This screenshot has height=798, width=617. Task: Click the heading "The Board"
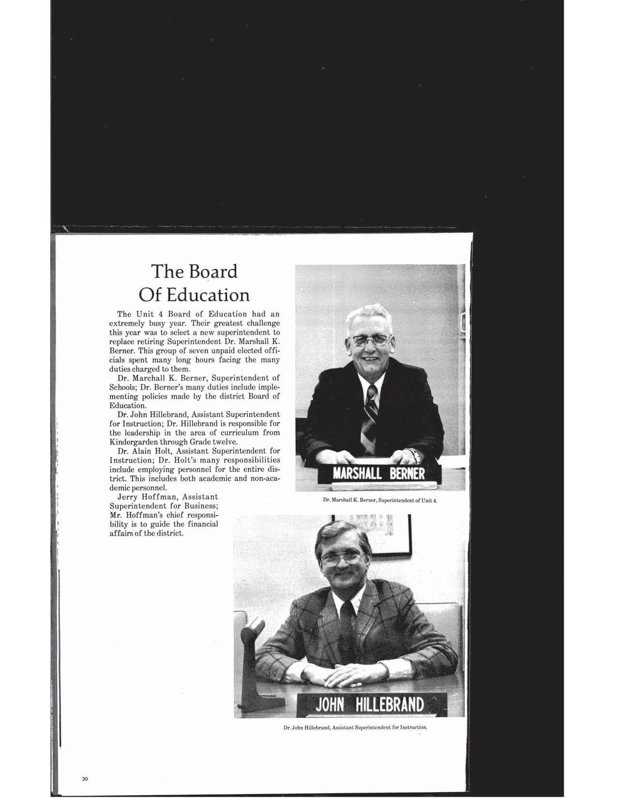(x=195, y=272)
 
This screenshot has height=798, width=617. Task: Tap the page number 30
(x=85, y=779)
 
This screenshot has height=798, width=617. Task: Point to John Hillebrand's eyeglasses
(x=340, y=557)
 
